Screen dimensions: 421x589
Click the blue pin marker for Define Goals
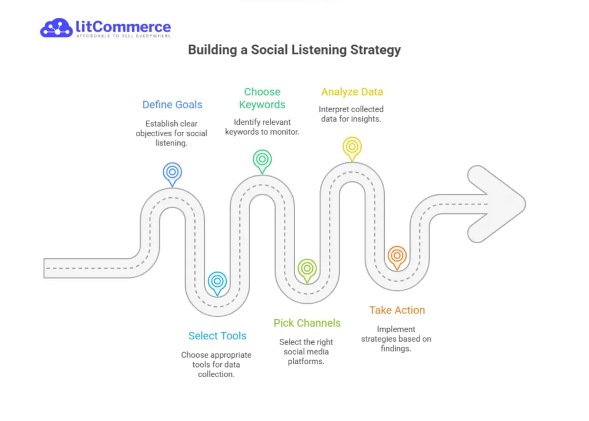point(172,173)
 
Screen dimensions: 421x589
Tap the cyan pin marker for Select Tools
point(217,282)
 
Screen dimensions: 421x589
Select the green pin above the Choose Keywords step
point(262,159)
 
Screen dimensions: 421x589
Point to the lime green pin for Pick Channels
point(307,269)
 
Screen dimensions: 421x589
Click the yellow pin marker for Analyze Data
point(351,147)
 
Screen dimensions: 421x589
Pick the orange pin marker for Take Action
point(396,256)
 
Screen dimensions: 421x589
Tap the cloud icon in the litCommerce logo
point(56,28)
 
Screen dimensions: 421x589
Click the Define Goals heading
point(173,105)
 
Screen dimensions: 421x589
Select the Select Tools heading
point(217,336)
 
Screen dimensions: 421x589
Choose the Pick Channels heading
point(307,323)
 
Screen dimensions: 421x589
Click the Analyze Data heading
point(352,92)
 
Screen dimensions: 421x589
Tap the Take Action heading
point(397,310)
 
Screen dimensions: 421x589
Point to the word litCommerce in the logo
point(123,26)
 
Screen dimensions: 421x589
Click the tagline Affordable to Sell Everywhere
point(123,36)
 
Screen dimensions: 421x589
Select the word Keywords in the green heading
point(262,105)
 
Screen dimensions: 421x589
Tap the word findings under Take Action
point(396,348)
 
